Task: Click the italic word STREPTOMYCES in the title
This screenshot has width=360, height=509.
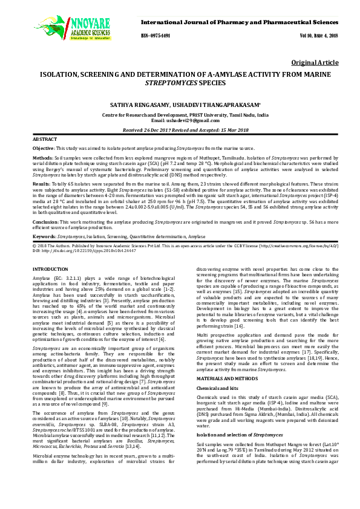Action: pyautogui.click(x=180, y=82)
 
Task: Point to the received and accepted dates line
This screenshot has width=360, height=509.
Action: pyautogui.click(x=180, y=130)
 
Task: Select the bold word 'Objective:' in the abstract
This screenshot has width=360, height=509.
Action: pyautogui.click(x=44, y=148)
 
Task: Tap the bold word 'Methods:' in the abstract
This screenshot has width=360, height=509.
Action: pyautogui.click(x=42, y=157)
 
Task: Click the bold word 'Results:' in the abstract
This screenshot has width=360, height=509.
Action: pyautogui.click(x=42, y=183)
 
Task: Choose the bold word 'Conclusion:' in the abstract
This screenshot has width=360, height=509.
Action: pyautogui.click(x=46, y=222)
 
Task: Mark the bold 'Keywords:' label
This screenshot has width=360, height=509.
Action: pyautogui.click(x=45, y=235)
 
